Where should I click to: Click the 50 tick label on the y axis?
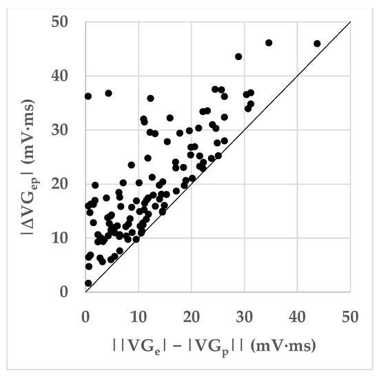pos(67,22)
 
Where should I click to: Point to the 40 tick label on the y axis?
pos(67,76)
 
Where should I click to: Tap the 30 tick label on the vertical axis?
pos(67,130)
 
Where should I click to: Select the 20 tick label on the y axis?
pos(67,184)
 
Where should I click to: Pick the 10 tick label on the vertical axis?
pos(67,238)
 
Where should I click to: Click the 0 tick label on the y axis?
pos(71,292)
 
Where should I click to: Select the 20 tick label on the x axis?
pos(191,310)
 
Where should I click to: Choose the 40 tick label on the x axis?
pos(298,310)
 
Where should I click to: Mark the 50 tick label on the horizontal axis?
pos(351,310)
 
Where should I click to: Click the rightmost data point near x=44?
pos(317,43)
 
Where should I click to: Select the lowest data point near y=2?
pos(88,283)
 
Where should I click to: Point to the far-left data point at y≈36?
pos(88,96)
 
